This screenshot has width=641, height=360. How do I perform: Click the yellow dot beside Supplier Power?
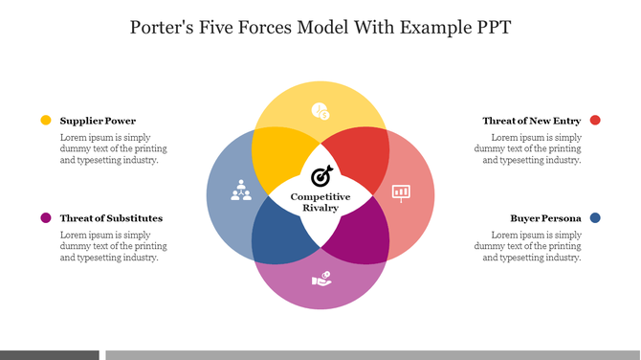(46, 121)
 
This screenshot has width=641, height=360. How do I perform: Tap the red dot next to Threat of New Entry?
(595, 121)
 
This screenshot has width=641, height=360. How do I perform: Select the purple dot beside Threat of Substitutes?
(46, 218)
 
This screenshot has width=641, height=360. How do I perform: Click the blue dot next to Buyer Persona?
(595, 218)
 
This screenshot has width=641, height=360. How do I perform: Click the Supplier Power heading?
(98, 121)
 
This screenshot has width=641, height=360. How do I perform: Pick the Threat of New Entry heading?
(531, 121)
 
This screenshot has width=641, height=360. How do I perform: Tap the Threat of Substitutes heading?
(111, 218)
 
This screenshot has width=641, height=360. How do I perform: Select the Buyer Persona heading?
(545, 218)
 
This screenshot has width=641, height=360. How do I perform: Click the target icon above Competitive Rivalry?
(321, 176)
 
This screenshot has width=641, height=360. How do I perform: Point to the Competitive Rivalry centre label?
(320, 202)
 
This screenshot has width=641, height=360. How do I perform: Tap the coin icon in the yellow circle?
(320, 111)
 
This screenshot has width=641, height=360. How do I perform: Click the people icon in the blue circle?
(240, 191)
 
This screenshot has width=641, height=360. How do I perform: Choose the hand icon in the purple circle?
(321, 280)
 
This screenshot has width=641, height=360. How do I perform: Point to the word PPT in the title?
(489, 27)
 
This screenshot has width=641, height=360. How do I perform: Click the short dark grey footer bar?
(49, 355)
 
